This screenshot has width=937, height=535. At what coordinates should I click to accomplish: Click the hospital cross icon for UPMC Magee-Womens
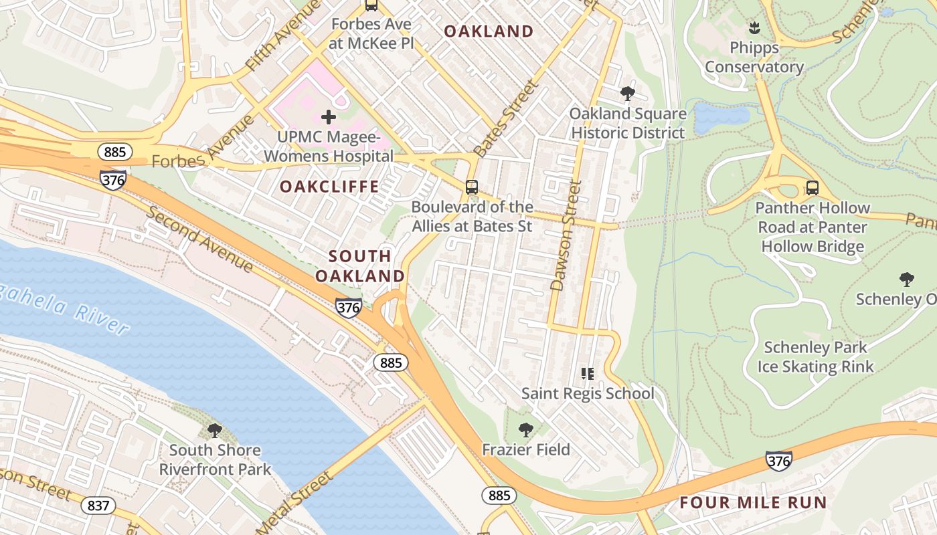[328, 118]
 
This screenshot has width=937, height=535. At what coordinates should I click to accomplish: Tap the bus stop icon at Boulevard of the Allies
[472, 187]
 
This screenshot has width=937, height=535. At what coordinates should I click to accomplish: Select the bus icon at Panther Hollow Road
[812, 188]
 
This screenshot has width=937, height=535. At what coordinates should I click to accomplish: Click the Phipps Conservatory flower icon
[754, 28]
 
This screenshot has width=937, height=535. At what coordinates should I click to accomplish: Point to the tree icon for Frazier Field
[526, 429]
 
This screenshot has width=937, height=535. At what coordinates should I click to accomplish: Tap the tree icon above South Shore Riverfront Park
[215, 430]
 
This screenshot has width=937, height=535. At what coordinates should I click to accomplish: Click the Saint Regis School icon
[587, 374]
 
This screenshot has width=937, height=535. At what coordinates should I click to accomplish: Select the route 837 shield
[98, 506]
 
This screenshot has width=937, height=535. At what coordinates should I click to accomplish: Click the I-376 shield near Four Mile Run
[779, 460]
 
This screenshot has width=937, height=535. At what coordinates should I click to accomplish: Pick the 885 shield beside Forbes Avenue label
[114, 152]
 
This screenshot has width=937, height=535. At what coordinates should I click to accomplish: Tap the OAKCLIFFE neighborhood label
[329, 187]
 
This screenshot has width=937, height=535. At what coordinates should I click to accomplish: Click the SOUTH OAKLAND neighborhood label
[360, 265]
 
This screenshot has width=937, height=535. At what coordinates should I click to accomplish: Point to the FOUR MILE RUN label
[753, 503]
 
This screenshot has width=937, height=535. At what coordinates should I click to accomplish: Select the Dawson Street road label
[564, 235]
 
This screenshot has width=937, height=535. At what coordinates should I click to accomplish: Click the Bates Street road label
[505, 118]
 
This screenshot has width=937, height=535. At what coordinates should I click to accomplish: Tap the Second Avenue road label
[200, 239]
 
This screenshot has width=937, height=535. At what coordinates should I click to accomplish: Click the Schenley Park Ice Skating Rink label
[815, 357]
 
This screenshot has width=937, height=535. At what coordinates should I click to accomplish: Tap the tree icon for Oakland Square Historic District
[627, 93]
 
